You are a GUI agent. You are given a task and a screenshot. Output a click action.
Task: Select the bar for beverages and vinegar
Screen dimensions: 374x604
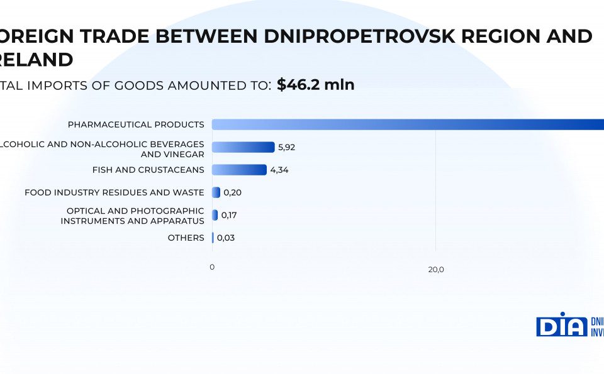(243, 147)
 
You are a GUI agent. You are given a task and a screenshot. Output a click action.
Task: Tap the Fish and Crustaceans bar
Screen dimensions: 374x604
(239, 170)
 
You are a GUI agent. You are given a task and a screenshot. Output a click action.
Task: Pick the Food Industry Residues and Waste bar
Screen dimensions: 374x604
(216, 192)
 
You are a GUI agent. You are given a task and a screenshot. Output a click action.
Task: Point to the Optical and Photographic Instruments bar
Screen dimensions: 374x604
(215, 215)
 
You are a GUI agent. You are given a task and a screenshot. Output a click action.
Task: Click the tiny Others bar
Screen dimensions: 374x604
(213, 238)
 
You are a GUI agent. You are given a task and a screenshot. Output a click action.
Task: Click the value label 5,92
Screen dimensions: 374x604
(286, 147)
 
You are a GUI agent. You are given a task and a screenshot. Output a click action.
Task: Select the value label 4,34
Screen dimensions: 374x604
(279, 170)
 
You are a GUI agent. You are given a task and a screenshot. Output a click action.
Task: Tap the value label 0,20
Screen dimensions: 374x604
(232, 192)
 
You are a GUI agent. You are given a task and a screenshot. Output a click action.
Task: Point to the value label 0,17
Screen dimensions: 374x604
(229, 215)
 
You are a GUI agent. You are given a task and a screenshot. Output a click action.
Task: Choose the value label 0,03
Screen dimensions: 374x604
(226, 238)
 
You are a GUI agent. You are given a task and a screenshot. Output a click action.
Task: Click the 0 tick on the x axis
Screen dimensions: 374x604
(212, 267)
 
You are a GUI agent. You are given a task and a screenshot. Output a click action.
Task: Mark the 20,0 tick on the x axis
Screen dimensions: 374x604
(436, 270)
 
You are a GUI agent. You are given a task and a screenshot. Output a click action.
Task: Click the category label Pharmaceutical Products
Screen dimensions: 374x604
(136, 124)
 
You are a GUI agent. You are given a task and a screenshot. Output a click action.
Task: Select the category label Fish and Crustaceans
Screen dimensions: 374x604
(148, 170)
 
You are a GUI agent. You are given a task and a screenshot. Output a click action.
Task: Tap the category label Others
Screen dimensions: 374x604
(186, 238)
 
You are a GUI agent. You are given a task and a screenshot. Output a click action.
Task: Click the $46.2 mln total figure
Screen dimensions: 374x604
(316, 85)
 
